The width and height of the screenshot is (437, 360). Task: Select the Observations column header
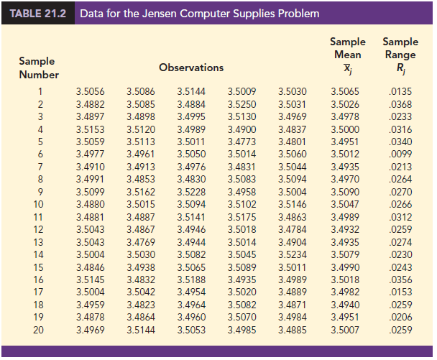pos(190,68)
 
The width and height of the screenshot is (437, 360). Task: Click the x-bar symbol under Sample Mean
pos(348,68)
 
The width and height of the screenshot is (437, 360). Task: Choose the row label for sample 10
pos(40,205)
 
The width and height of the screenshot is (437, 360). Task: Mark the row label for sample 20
pos(40,330)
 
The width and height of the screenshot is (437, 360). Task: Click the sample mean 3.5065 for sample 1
pos(345,91)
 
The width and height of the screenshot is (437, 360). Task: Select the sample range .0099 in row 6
pos(400,154)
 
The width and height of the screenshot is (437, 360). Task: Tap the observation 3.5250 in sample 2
pos(241,104)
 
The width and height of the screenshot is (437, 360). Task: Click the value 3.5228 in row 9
pos(190,192)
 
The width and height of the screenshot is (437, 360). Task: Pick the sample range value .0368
pos(400,104)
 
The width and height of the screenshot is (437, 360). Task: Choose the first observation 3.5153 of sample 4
pos(90,129)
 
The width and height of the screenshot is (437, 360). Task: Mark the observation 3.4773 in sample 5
pos(241,142)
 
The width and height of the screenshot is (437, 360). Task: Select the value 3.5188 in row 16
pos(190,280)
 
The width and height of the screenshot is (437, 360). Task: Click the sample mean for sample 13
pos(345,242)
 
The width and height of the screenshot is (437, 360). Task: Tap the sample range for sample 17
pos(400,292)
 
